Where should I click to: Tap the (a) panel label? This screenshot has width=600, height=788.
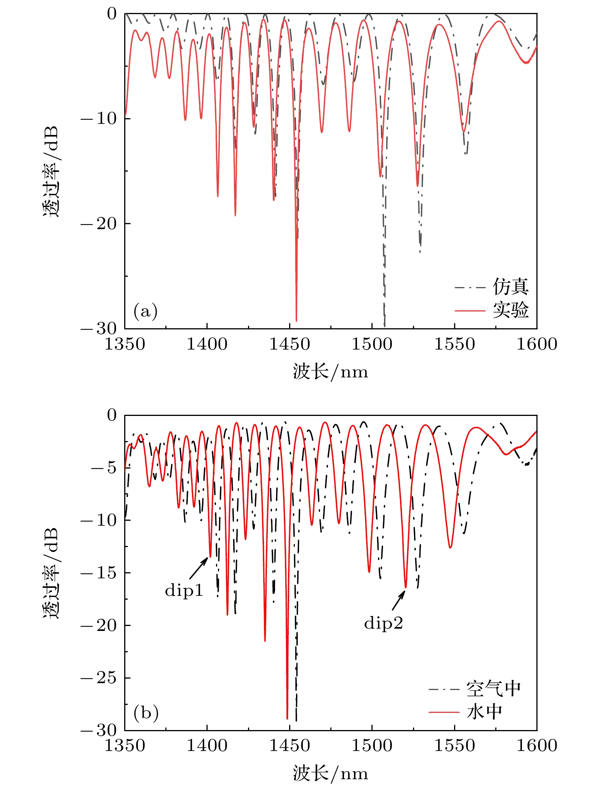146,311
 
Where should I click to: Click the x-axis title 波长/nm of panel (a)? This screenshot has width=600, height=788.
330,372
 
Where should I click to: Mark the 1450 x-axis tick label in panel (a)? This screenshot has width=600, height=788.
290,344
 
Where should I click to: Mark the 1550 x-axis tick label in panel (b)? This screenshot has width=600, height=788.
454,746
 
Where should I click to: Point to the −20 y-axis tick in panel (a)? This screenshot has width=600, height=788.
98,223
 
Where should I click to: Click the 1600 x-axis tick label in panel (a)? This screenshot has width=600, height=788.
536,344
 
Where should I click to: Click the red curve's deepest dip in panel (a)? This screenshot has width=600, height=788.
296,320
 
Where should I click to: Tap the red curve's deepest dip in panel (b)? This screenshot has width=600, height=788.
287,718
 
